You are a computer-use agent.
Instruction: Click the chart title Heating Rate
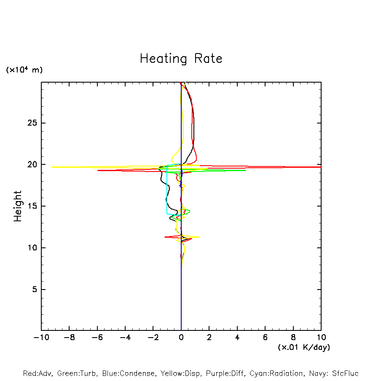point(181,59)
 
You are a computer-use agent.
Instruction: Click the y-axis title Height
point(17,206)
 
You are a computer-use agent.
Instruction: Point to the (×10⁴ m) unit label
point(24,70)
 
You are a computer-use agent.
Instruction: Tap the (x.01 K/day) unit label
point(303,347)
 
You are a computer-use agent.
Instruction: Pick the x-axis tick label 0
point(181,338)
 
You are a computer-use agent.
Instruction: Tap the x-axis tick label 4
point(237,338)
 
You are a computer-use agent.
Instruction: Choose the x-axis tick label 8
point(293,338)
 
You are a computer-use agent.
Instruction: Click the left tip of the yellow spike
point(52,167)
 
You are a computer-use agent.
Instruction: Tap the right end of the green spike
point(246,170)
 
